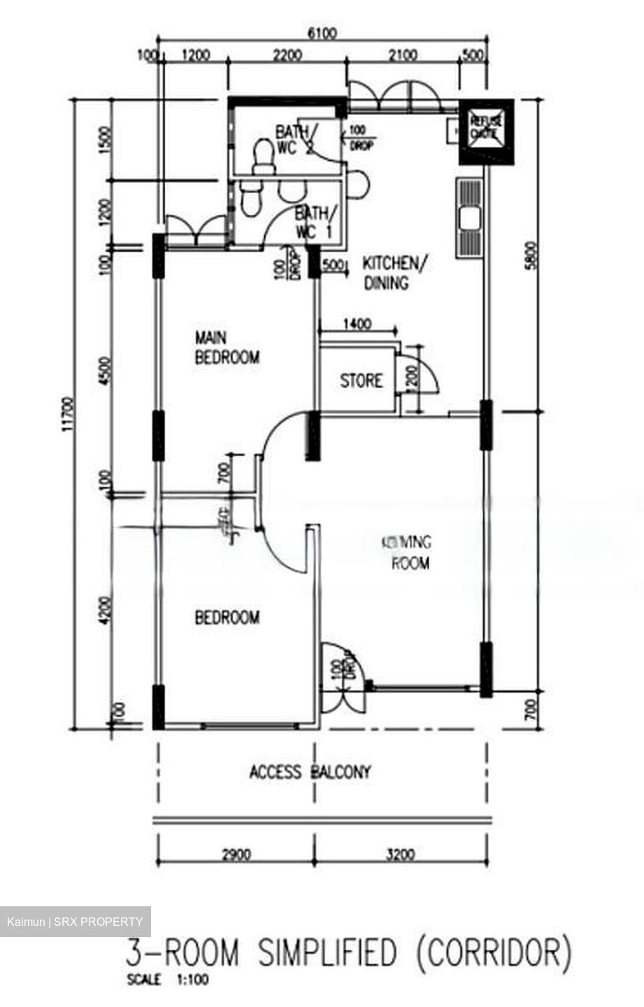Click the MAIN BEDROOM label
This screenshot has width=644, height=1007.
[x=227, y=348]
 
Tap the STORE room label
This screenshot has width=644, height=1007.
[x=361, y=381]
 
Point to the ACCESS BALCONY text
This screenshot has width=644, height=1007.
[x=310, y=772]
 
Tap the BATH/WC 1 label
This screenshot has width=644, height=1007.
[x=316, y=222]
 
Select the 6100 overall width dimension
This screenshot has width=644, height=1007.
[x=322, y=34]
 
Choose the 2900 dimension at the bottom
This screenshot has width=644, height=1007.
[x=236, y=854]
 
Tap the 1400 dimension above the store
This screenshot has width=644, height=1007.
[x=357, y=324]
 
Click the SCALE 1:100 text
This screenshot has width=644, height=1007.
[x=168, y=980]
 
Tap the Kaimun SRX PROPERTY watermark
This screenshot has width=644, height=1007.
[x=76, y=922]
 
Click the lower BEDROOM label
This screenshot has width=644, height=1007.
[x=227, y=617]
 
